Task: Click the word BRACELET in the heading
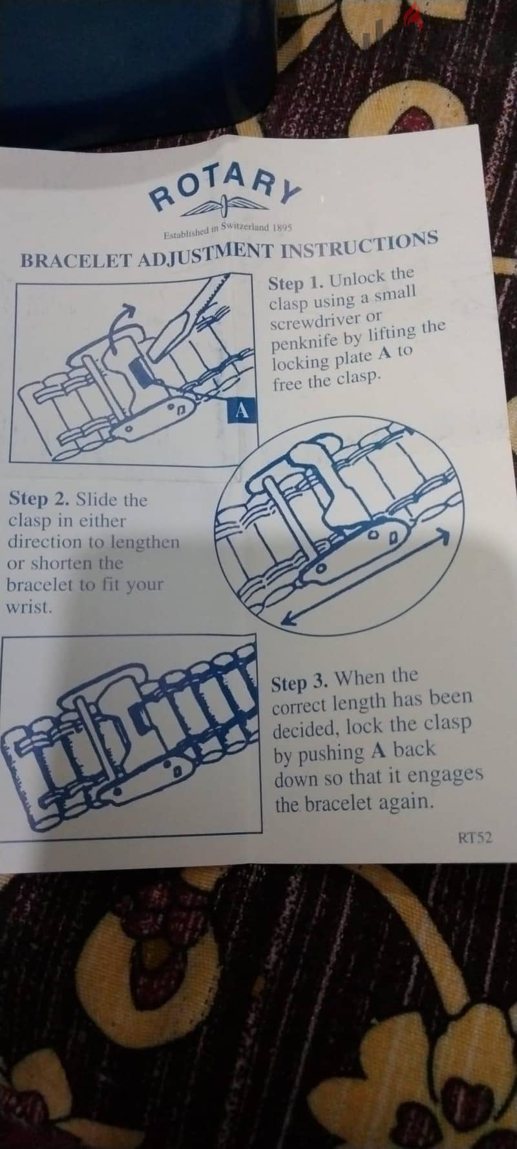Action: (76, 261)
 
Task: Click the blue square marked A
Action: (243, 410)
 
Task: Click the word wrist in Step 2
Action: (28, 608)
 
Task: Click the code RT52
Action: (475, 838)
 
